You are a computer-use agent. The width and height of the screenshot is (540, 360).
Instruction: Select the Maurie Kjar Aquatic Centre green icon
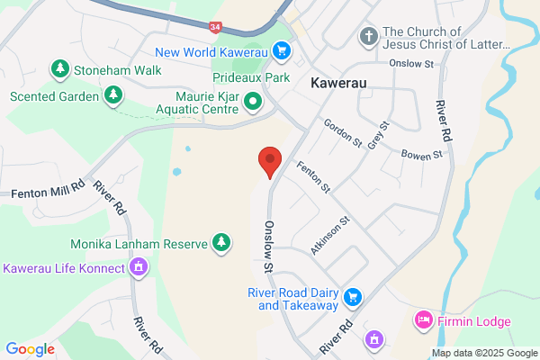[x=253, y=102]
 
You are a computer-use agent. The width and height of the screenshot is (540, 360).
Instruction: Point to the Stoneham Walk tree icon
[x=60, y=67]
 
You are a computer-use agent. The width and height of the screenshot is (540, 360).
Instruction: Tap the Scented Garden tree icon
[x=113, y=94]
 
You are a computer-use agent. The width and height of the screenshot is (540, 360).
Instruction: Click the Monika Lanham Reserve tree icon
[x=220, y=241]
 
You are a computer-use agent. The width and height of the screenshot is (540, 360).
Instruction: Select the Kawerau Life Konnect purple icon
[x=139, y=266]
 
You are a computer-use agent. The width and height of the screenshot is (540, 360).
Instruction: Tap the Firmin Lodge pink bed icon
[x=422, y=320]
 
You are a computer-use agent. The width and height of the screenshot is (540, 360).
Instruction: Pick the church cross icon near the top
[x=367, y=37]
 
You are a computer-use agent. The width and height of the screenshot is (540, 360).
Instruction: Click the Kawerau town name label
[x=341, y=83]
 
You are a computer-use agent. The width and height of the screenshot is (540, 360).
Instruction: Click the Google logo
[x=30, y=348]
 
